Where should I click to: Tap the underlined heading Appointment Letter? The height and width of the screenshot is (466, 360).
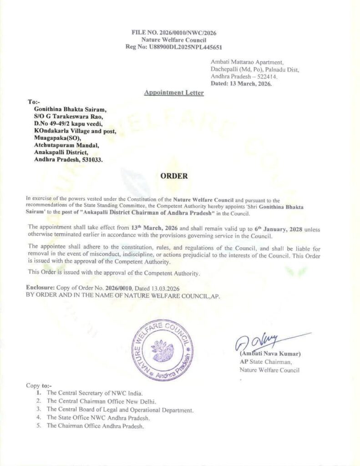(174, 93)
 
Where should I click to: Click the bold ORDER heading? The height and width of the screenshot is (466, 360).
(174, 176)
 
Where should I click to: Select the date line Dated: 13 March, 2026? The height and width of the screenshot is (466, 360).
(241, 84)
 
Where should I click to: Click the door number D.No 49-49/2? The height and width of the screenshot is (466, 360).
(53, 124)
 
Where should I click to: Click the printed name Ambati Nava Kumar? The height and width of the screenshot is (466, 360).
(270, 354)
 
